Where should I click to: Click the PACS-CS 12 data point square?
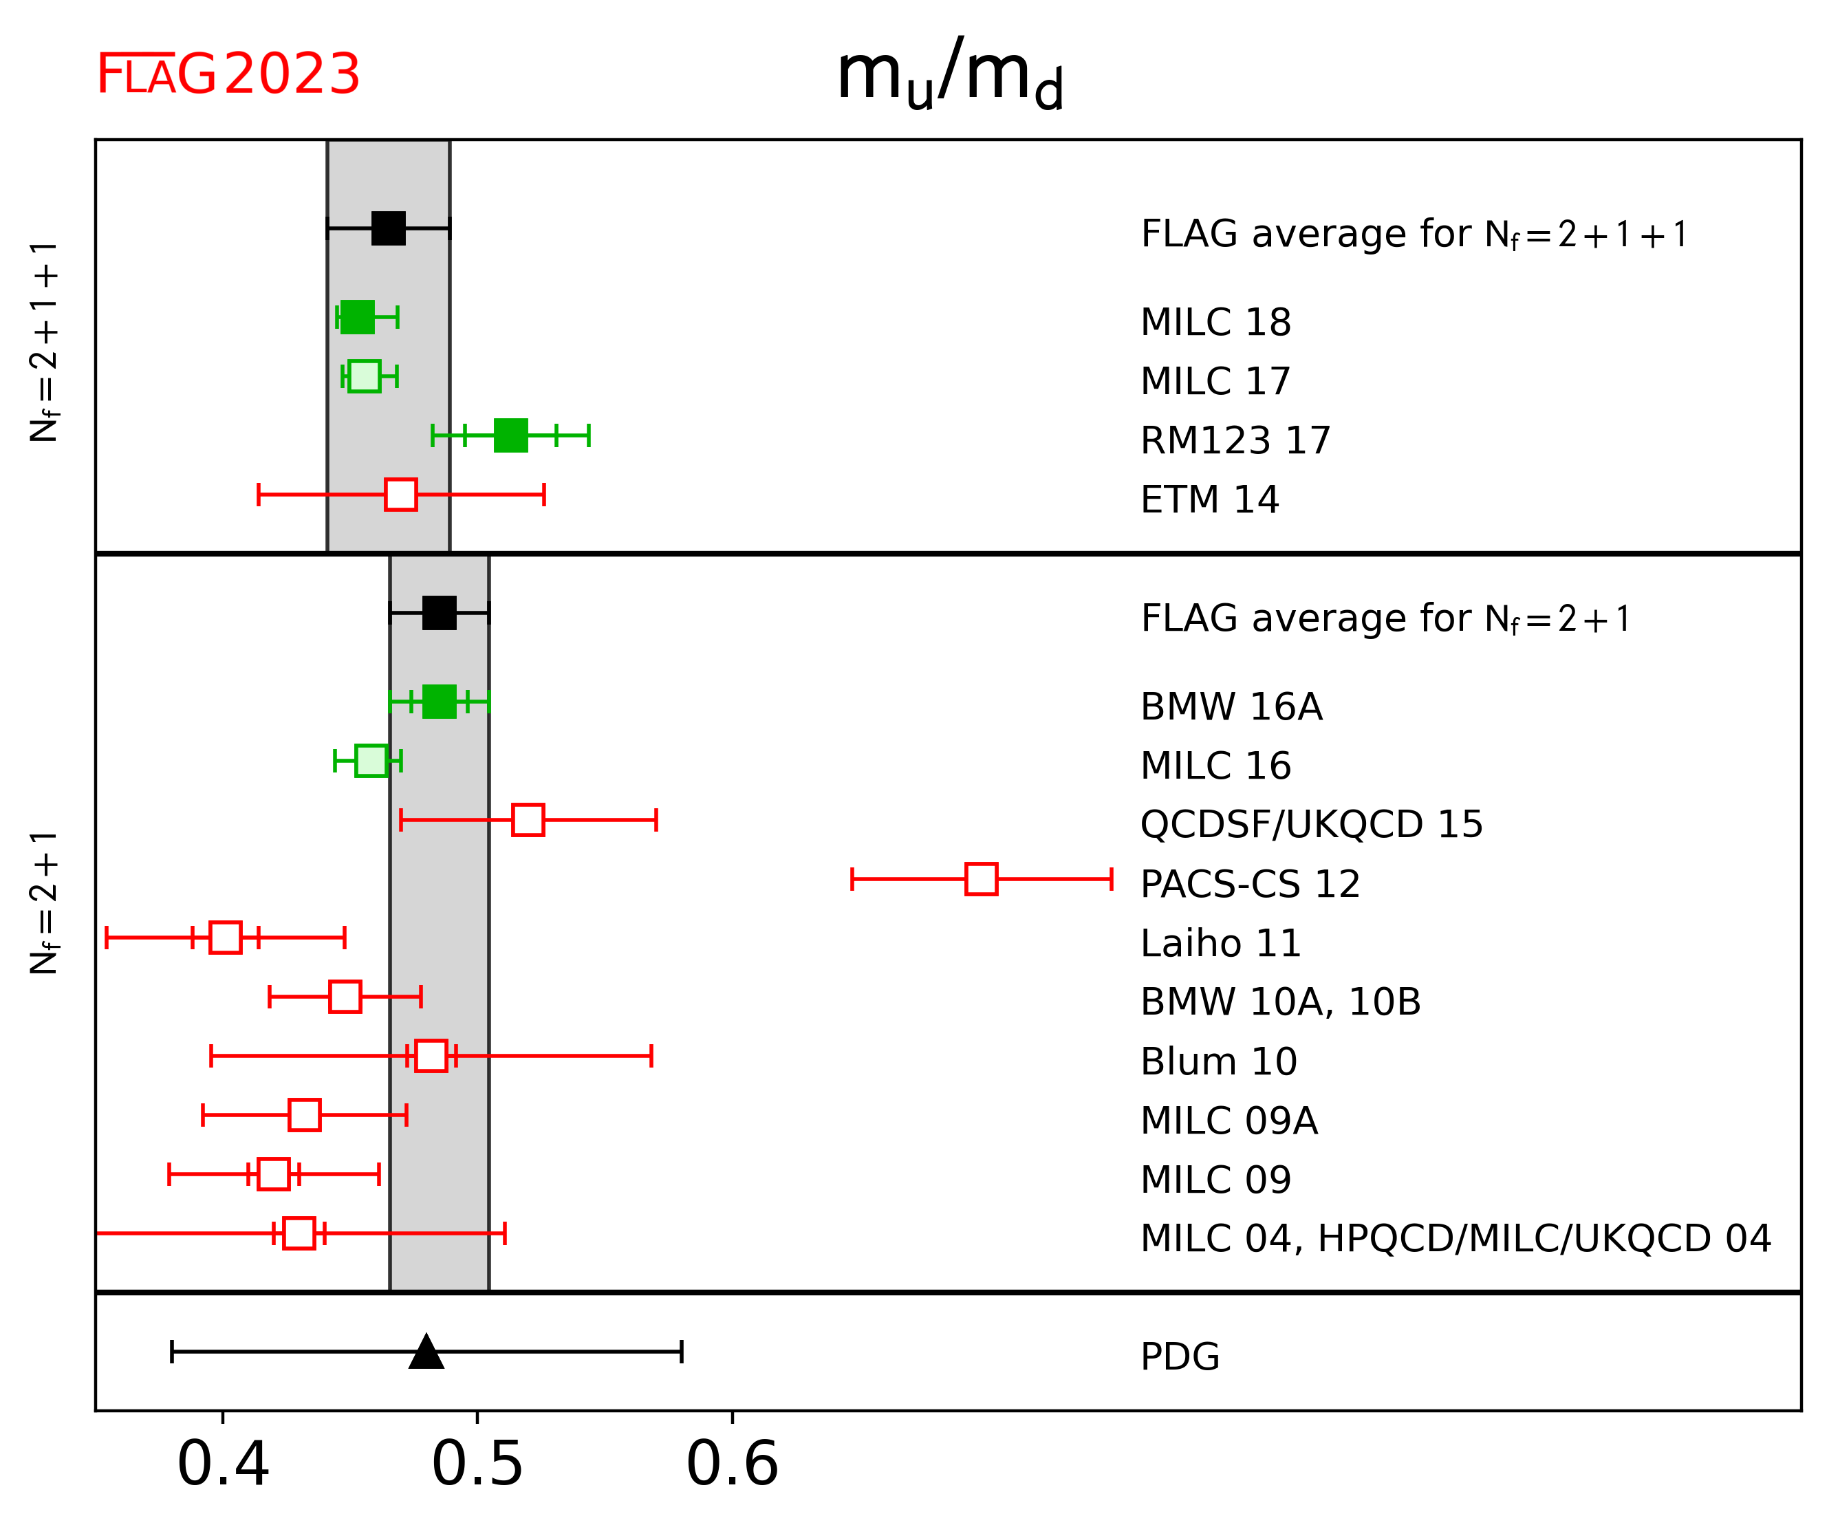coord(982,879)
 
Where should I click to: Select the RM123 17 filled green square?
coord(510,435)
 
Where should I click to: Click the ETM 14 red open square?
coord(400,495)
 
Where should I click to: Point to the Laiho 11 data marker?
coord(226,937)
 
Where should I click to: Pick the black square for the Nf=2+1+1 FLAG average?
coord(389,228)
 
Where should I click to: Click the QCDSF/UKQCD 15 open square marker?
coord(528,819)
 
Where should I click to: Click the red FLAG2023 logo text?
coord(228,75)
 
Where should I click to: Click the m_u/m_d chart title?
coord(949,75)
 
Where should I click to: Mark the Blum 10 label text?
coord(1218,1061)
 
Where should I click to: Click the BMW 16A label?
coord(1231,706)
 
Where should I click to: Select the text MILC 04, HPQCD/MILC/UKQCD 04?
coord(1455,1238)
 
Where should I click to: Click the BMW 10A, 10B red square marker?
coord(345,996)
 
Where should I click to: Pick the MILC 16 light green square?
coord(371,760)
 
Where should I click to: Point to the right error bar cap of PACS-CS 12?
coord(1112,879)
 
